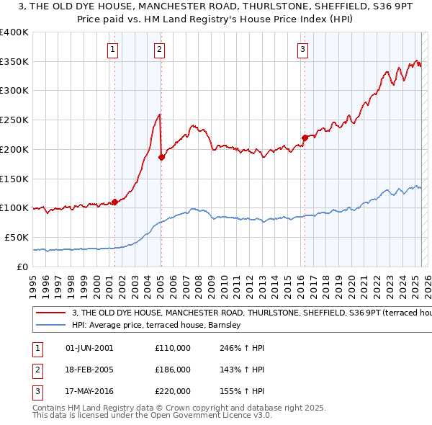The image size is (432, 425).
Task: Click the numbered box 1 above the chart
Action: (x=114, y=50)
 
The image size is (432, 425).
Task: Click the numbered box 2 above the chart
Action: (x=159, y=50)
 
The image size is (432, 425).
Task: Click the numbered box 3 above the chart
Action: (x=303, y=50)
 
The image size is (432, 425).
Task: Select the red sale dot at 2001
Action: (x=114, y=202)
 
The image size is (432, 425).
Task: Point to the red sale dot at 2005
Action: (x=161, y=158)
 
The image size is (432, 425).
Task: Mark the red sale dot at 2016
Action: (x=305, y=138)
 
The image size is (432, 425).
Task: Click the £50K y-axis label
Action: (x=17, y=237)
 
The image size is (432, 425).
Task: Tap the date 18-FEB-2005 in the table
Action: (x=89, y=370)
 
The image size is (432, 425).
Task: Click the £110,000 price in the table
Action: (x=173, y=348)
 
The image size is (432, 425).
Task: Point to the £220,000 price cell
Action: (x=173, y=392)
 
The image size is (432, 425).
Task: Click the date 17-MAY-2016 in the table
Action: (x=89, y=392)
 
